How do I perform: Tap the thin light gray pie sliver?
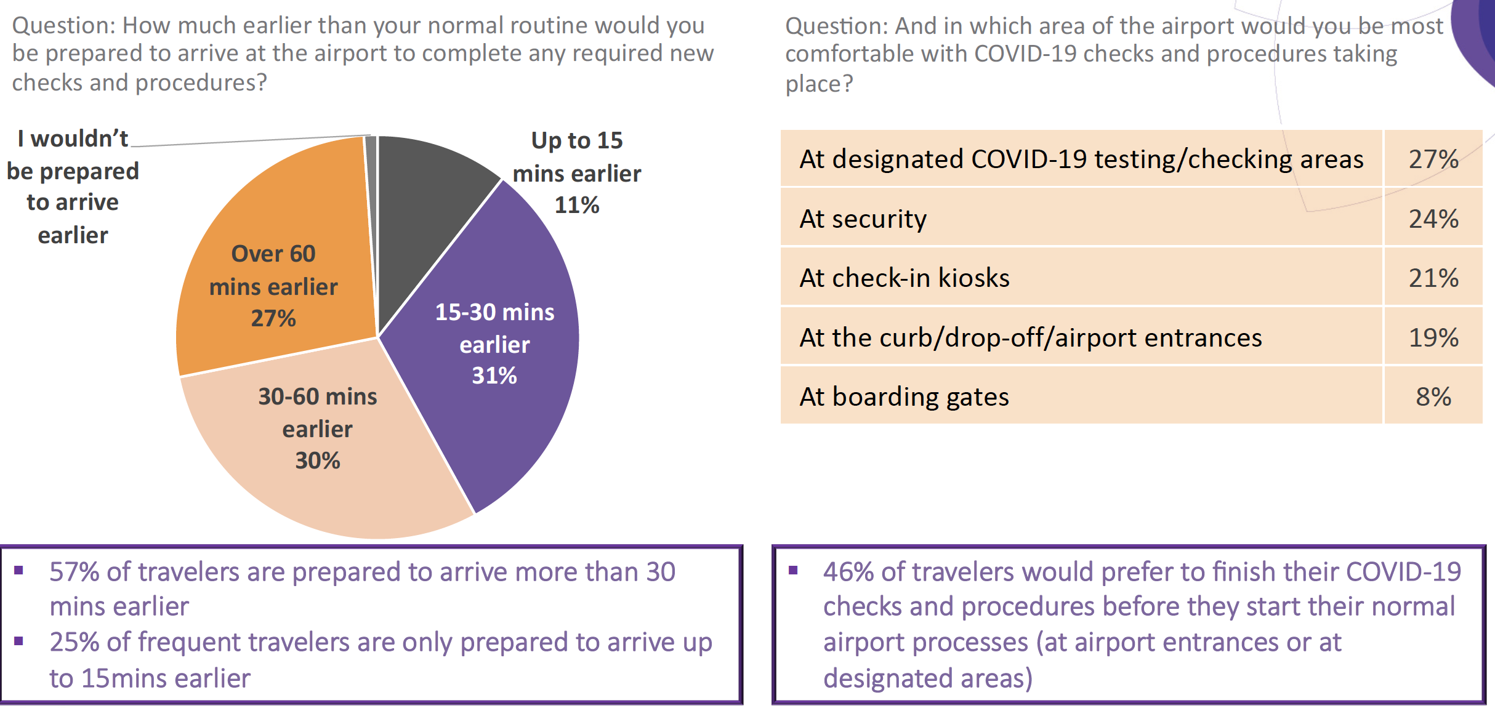[x=371, y=185]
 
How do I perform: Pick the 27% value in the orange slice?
[x=273, y=318]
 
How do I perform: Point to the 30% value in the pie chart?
[x=318, y=461]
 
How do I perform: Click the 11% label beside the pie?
[x=577, y=205]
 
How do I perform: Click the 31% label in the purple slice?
[x=494, y=376]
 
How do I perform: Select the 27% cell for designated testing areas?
[x=1433, y=159]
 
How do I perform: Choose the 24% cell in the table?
[x=1433, y=219]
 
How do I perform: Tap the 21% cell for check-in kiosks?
[x=1433, y=278]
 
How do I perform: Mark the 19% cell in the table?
[x=1433, y=337]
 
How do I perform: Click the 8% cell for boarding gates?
[x=1433, y=397]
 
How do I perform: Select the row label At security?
[x=863, y=219]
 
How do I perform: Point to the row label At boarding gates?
[x=904, y=397]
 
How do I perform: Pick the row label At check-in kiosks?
[x=905, y=278]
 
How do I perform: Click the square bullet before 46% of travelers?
[x=793, y=570]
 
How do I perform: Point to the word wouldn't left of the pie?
[x=79, y=139]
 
